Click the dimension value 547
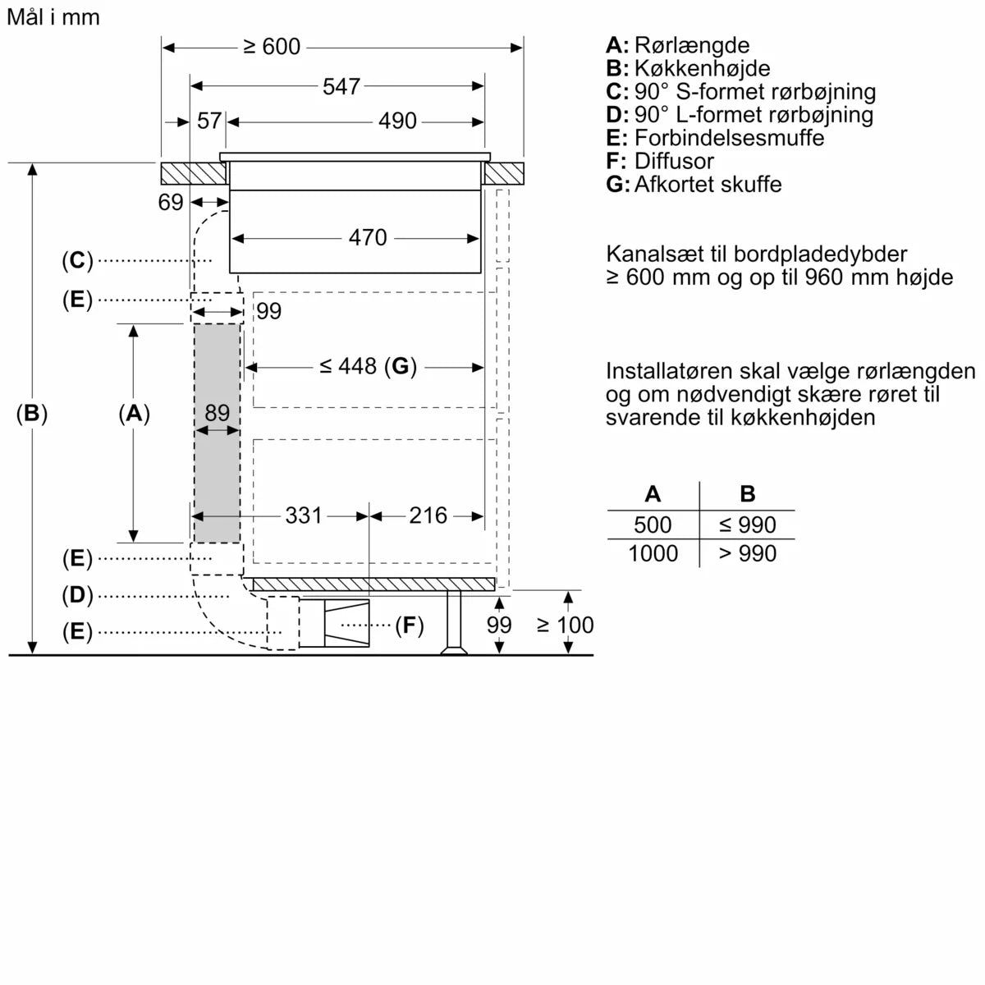(341, 86)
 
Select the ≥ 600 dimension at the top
(272, 48)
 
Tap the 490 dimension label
(397, 121)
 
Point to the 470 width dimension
(367, 238)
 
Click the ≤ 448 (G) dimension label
(368, 366)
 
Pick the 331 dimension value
(304, 515)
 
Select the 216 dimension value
(428, 515)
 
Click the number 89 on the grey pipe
(217, 413)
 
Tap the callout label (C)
(77, 261)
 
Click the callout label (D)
(77, 595)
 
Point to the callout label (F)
(409, 626)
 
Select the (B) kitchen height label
(32, 414)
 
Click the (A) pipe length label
(134, 414)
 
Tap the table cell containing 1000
(653, 554)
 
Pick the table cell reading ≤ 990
(747, 525)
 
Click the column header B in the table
(747, 494)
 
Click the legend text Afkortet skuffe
(708, 184)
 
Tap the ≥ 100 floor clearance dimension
(565, 625)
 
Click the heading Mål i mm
(53, 17)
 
